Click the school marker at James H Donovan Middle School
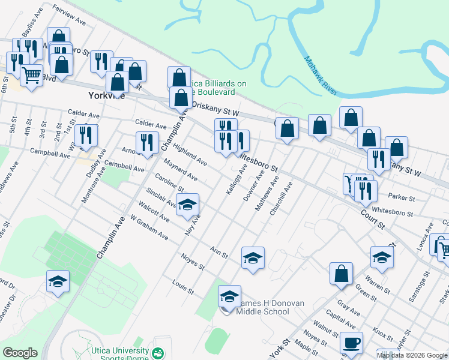(x=229, y=296)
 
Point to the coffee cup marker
(x=352, y=343)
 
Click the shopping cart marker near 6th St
(x=31, y=75)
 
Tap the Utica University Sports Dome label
(x=119, y=355)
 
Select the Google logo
(x=20, y=353)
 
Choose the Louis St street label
(x=182, y=287)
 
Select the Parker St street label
(x=401, y=197)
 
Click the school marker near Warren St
(x=382, y=258)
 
